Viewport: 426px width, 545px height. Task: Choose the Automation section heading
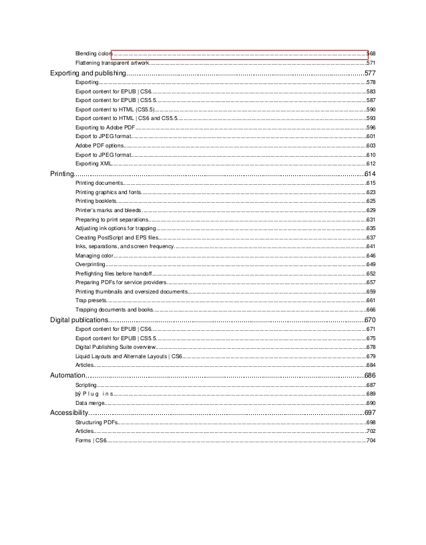click(67, 376)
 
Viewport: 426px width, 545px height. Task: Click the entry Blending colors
click(93, 53)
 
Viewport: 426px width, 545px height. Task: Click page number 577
click(371, 72)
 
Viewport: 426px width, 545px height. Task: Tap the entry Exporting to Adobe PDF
click(105, 127)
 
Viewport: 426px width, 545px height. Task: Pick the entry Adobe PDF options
click(99, 145)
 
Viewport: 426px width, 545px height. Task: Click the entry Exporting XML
click(93, 163)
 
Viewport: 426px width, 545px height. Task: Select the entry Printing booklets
click(96, 201)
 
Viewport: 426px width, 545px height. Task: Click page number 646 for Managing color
click(371, 255)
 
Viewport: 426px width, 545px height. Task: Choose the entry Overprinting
click(90, 265)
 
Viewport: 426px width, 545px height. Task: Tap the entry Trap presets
click(91, 301)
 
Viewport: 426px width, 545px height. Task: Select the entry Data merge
click(89, 403)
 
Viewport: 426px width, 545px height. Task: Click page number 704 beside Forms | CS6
click(371, 441)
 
